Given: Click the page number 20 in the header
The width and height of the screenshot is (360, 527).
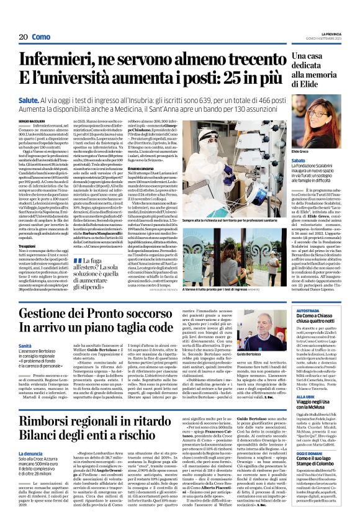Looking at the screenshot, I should coord(24,37).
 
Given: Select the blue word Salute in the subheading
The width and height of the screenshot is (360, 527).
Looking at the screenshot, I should coord(29,98).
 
